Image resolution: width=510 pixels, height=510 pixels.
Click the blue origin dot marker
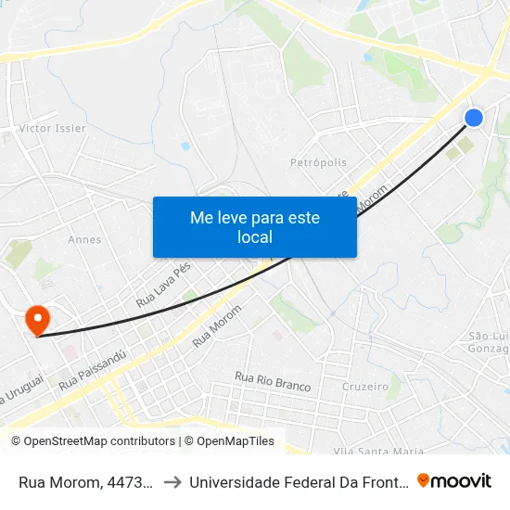473,117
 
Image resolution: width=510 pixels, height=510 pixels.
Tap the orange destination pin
38,321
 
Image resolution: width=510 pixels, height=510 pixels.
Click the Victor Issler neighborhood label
53,128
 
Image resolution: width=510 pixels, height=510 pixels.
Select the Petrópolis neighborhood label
318,162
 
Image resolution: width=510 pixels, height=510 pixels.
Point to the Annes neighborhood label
84,239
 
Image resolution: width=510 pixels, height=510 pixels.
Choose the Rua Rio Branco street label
273,380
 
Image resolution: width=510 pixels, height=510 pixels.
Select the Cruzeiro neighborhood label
364,386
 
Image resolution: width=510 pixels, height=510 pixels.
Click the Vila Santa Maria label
377,451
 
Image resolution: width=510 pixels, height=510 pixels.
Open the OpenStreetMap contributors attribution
93,441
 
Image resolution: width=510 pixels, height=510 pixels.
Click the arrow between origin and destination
172,482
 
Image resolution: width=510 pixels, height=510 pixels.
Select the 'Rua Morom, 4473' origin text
84,482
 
